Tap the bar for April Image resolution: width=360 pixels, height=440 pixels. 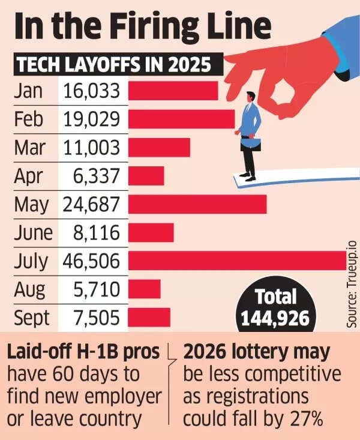pyautogui.click(x=146, y=176)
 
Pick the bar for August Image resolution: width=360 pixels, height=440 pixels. pyautogui.click(x=144, y=289)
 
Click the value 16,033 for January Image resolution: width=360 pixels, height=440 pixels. pyautogui.click(x=92, y=91)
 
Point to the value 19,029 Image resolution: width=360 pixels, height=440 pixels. pyautogui.click(x=92, y=119)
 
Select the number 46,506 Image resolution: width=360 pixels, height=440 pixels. pyautogui.click(x=92, y=261)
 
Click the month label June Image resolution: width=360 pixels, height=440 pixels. pyautogui.click(x=34, y=232)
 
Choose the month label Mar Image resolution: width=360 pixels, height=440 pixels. pyautogui.click(x=30, y=148)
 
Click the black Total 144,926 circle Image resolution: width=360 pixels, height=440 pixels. pyautogui.click(x=275, y=307)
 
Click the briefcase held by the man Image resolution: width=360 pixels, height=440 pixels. pyautogui.click(x=251, y=144)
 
